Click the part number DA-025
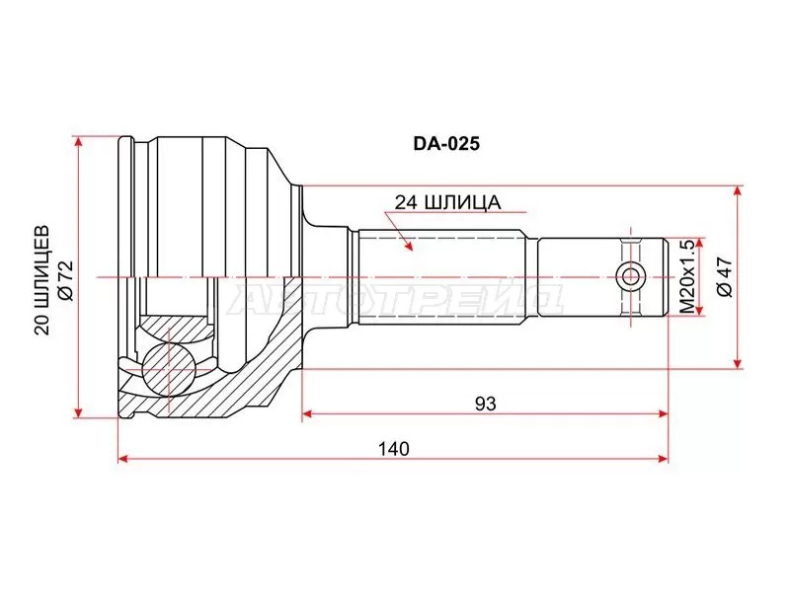[445, 143]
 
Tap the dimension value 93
[484, 403]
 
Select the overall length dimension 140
[392, 448]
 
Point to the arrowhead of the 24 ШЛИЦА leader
[407, 247]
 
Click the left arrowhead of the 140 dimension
[122, 459]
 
